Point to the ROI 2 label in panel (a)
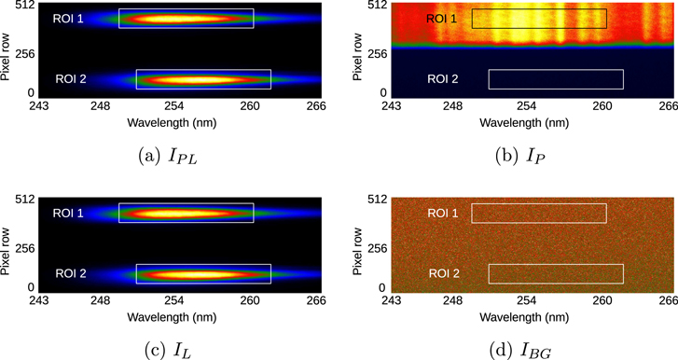(x=71, y=79)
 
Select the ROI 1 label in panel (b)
(x=442, y=19)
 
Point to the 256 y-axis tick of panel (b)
(x=378, y=54)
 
